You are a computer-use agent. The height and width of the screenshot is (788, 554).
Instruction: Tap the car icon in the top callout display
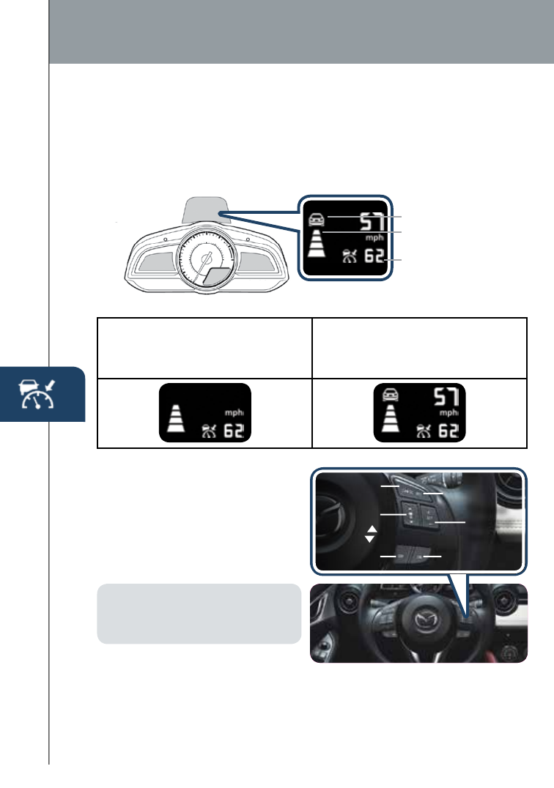316,218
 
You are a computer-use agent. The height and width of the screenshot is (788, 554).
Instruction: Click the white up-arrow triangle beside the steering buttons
370,529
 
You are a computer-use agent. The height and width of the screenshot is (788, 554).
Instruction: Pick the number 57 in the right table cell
445,398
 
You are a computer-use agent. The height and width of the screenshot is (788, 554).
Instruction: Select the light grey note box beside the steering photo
199,614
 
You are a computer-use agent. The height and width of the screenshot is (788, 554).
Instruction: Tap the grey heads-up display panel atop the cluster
202,209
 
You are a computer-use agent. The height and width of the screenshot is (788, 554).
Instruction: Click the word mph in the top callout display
374,237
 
